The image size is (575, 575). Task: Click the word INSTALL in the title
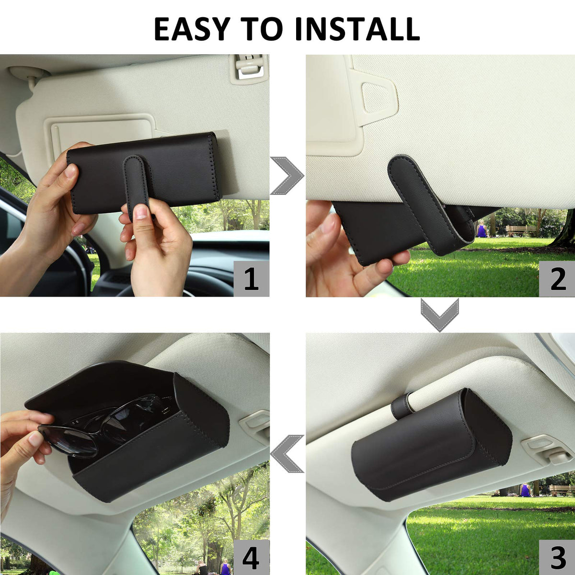pyautogui.click(x=357, y=29)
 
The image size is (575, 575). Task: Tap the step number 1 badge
pyautogui.click(x=251, y=279)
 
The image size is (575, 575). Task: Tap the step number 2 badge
pyautogui.click(x=557, y=279)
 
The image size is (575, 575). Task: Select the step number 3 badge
pyautogui.click(x=557, y=557)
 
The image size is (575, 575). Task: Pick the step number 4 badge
pyautogui.click(x=251, y=557)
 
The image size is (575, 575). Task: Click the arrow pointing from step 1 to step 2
pyautogui.click(x=287, y=176)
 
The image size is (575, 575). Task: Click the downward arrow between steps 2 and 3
pyautogui.click(x=439, y=314)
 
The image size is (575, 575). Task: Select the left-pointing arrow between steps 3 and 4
pyautogui.click(x=287, y=454)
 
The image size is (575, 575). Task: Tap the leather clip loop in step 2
pyautogui.click(x=431, y=206)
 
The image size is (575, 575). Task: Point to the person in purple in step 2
pyautogui.click(x=481, y=230)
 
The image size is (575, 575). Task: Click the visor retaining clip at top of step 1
pyautogui.click(x=250, y=67)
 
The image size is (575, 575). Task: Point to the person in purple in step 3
pyautogui.click(x=525, y=490)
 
